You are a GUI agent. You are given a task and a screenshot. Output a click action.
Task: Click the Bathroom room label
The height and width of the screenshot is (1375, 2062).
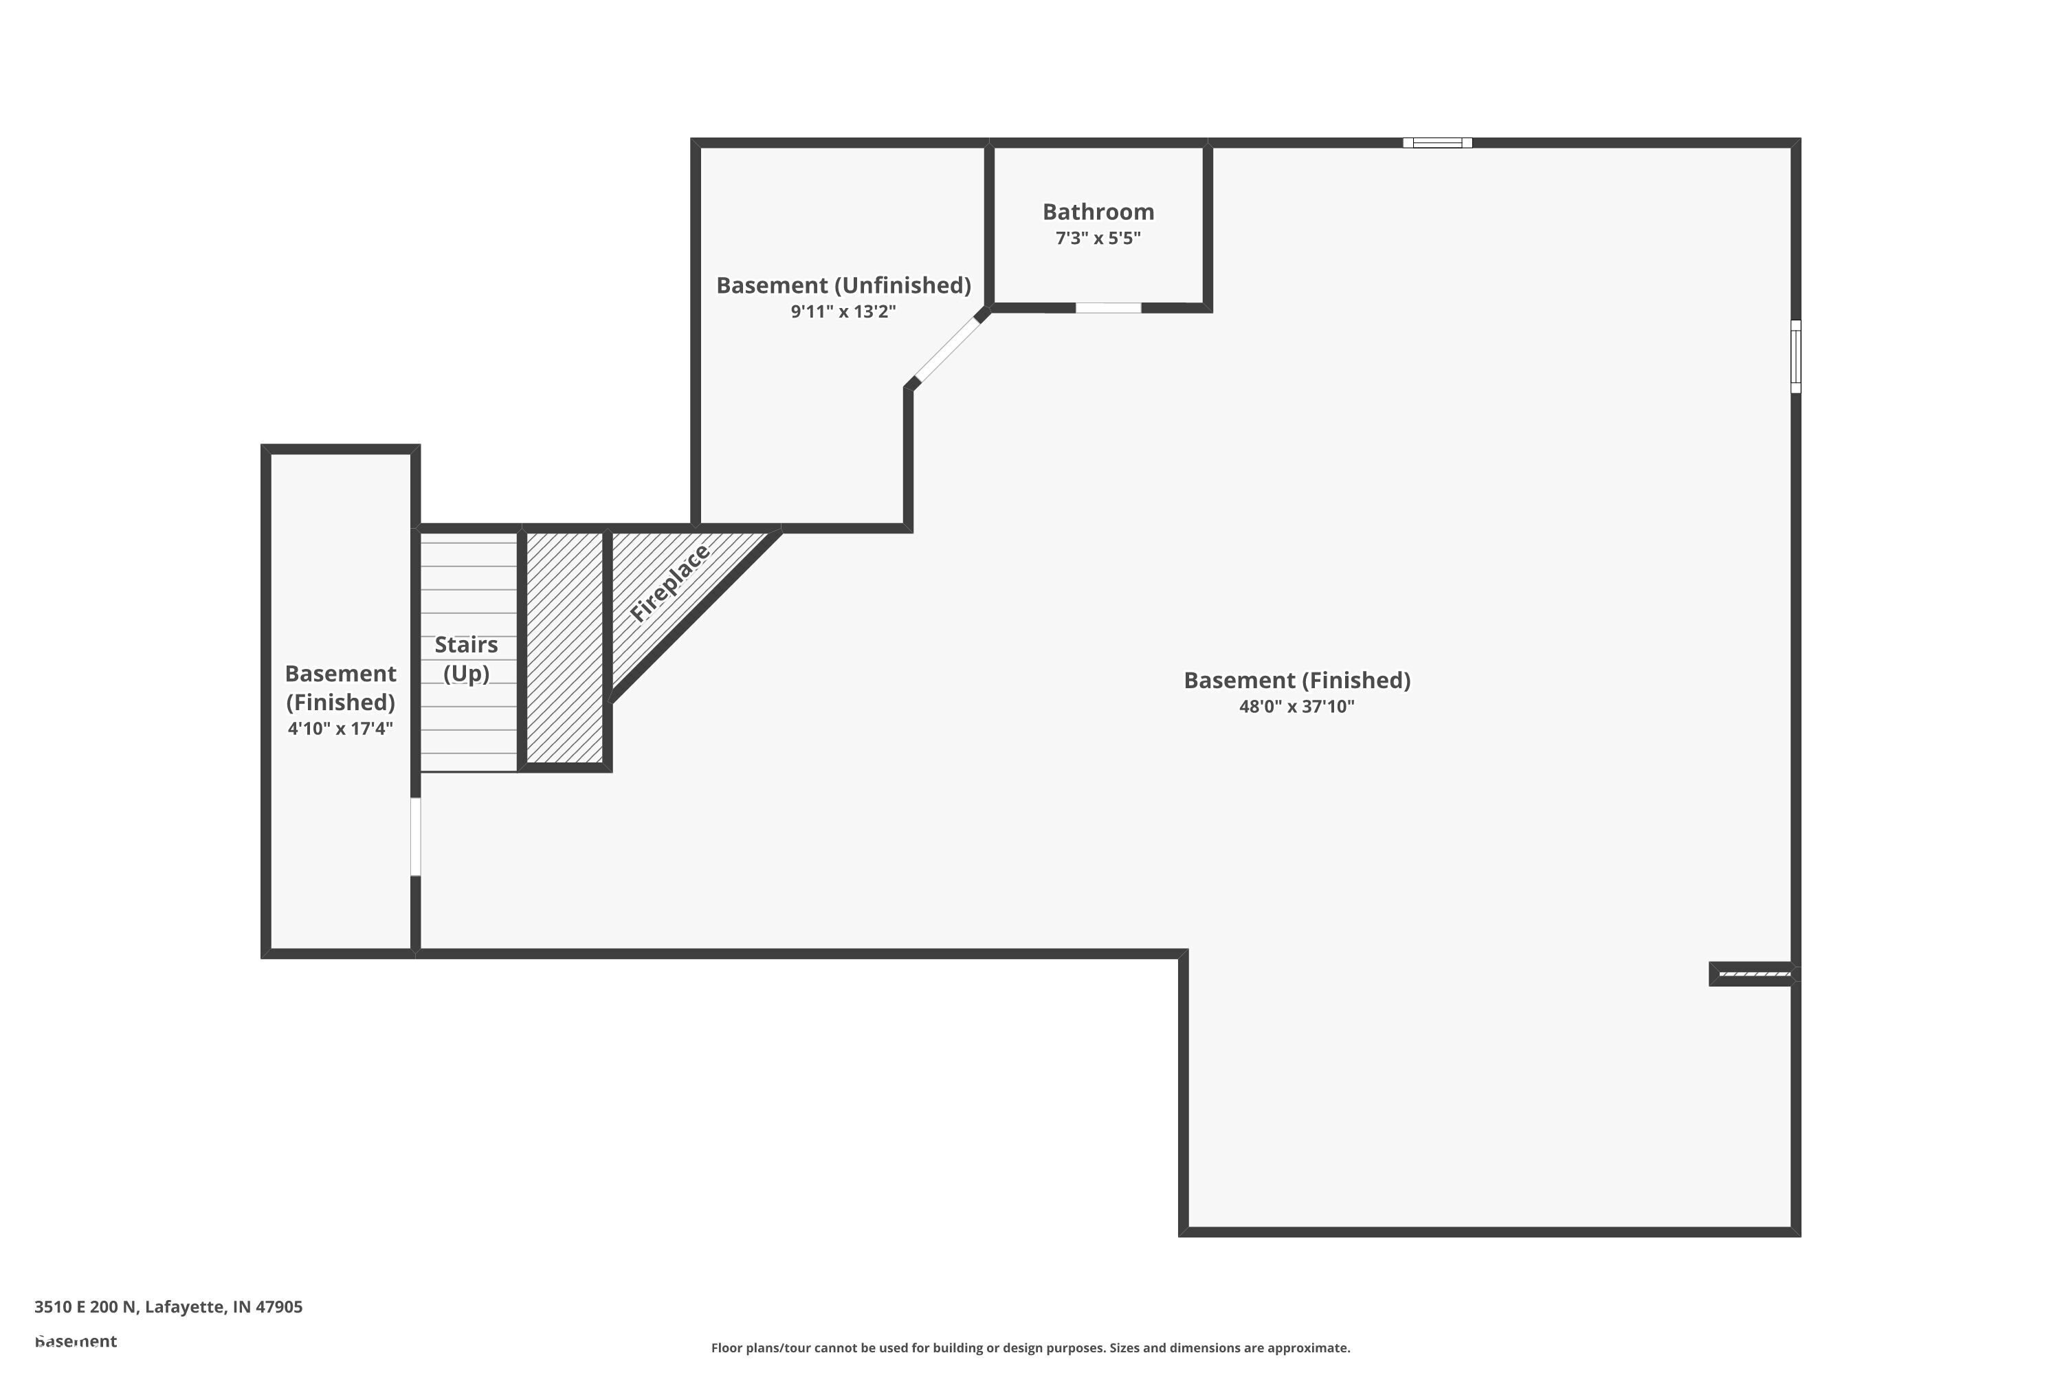click(x=1098, y=212)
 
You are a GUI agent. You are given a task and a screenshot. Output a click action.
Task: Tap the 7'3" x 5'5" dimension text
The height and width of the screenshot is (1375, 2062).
click(x=1098, y=239)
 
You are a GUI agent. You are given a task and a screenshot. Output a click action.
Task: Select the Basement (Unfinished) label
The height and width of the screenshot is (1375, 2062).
click(x=843, y=286)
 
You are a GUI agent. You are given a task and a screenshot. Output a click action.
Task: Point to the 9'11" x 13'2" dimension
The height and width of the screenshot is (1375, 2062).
click(x=843, y=312)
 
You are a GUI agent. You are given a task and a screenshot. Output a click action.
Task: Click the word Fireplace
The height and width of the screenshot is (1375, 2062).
click(x=669, y=583)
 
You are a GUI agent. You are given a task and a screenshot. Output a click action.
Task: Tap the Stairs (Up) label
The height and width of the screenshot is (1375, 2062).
click(x=467, y=659)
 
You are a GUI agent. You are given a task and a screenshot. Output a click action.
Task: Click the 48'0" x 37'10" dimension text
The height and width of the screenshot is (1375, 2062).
click(x=1296, y=707)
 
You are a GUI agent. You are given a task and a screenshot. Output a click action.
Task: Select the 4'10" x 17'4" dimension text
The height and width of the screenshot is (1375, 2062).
click(x=340, y=729)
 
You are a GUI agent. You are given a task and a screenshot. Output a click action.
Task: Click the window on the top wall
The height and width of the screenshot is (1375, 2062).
click(x=1437, y=143)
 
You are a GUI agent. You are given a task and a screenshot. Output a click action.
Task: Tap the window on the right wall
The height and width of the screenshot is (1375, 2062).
click(x=1795, y=356)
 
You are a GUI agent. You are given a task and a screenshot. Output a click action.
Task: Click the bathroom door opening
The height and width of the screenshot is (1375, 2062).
click(x=1108, y=308)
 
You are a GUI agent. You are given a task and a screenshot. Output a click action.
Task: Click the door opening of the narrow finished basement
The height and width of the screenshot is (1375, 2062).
click(x=416, y=836)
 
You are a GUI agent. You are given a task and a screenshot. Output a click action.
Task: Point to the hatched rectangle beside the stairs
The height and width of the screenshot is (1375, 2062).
click(x=564, y=647)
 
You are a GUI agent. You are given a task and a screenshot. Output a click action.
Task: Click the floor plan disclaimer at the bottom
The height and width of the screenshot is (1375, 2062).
click(x=1030, y=1347)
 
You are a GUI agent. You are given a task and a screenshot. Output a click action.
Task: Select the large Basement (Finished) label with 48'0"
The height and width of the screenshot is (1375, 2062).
click(x=1296, y=681)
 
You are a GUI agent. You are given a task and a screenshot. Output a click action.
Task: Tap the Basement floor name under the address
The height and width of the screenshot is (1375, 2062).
click(x=76, y=1341)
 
